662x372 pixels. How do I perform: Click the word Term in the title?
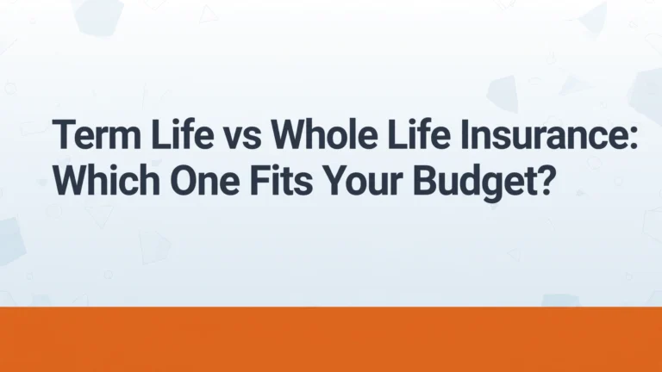(97, 134)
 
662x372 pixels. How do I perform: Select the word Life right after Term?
(183, 133)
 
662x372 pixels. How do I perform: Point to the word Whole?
(324, 133)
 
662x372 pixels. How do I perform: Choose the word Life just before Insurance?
(418, 133)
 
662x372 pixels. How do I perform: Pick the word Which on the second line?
(106, 180)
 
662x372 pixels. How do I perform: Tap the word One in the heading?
(205, 181)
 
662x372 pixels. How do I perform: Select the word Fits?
(282, 181)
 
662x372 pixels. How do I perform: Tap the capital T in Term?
(63, 134)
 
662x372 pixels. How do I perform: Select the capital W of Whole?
(290, 134)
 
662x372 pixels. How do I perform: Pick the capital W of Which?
(72, 181)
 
